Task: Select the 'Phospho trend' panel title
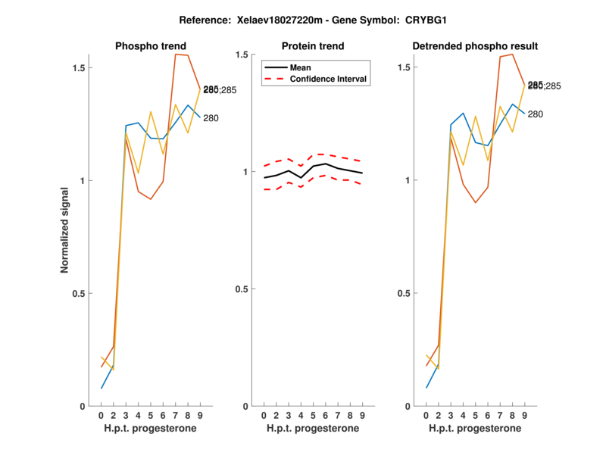coord(150,46)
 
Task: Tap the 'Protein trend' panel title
coord(312,46)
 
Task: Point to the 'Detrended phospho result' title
coord(475,46)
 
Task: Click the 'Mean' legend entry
coord(301,67)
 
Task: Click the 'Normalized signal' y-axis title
coord(66,230)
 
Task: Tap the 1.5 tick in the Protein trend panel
coord(242,55)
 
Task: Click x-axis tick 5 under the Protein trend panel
coord(313,416)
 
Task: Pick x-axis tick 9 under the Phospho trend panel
coord(199,416)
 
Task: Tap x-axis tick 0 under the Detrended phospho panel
coord(426,416)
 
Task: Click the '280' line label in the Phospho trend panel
coord(211,117)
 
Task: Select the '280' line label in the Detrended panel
coord(536,114)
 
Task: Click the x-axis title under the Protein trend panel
coord(312,429)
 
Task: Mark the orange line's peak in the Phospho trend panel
coord(177,55)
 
